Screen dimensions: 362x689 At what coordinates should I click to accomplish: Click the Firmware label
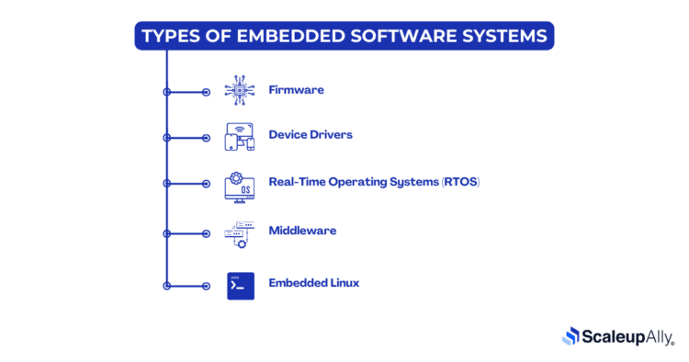tap(296, 90)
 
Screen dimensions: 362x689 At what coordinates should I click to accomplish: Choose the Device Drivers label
tap(310, 135)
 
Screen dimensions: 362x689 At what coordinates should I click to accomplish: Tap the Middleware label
tap(302, 231)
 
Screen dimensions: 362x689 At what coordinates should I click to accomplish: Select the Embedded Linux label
tap(313, 283)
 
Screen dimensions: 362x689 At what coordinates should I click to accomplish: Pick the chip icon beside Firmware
tap(240, 90)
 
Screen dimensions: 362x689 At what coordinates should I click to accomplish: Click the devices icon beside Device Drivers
tap(240, 137)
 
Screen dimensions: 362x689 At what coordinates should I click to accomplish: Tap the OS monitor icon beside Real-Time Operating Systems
tap(240, 187)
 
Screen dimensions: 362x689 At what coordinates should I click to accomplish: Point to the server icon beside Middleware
tap(240, 234)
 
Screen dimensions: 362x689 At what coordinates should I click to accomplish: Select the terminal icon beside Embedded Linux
tap(240, 286)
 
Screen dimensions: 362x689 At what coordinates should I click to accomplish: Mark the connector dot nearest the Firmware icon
tap(206, 92)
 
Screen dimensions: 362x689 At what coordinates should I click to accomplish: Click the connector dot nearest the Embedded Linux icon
tap(206, 286)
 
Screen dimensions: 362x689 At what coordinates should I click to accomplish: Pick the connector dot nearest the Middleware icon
tap(206, 236)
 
